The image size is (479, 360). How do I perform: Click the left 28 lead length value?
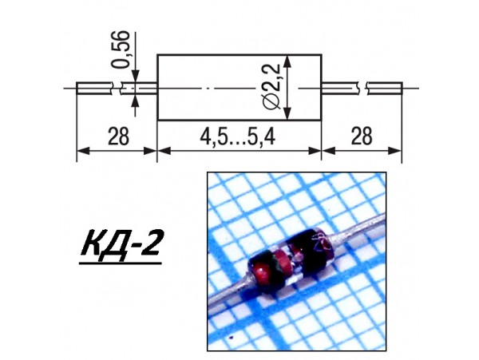point(117,136)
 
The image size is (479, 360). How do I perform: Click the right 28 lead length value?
point(361,136)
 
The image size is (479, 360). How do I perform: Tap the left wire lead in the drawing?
point(96,87)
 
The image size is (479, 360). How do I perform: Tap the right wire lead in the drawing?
point(383,87)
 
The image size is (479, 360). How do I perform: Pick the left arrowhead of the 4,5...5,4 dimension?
point(162,149)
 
